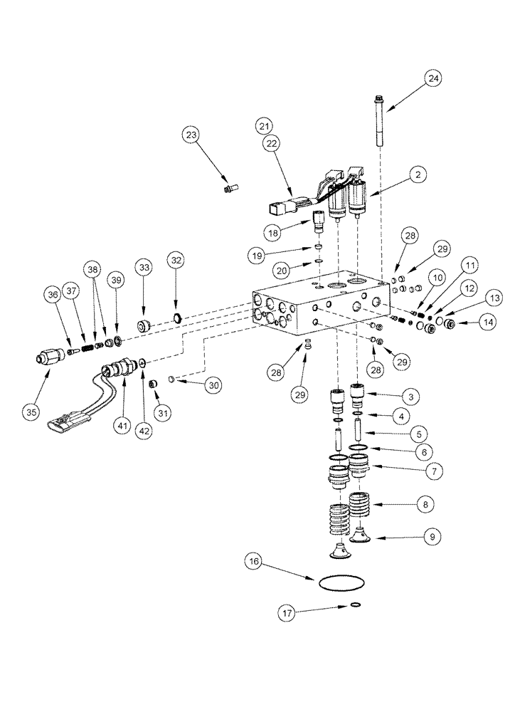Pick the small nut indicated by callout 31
(x=152, y=385)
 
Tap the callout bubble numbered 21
(x=265, y=125)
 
